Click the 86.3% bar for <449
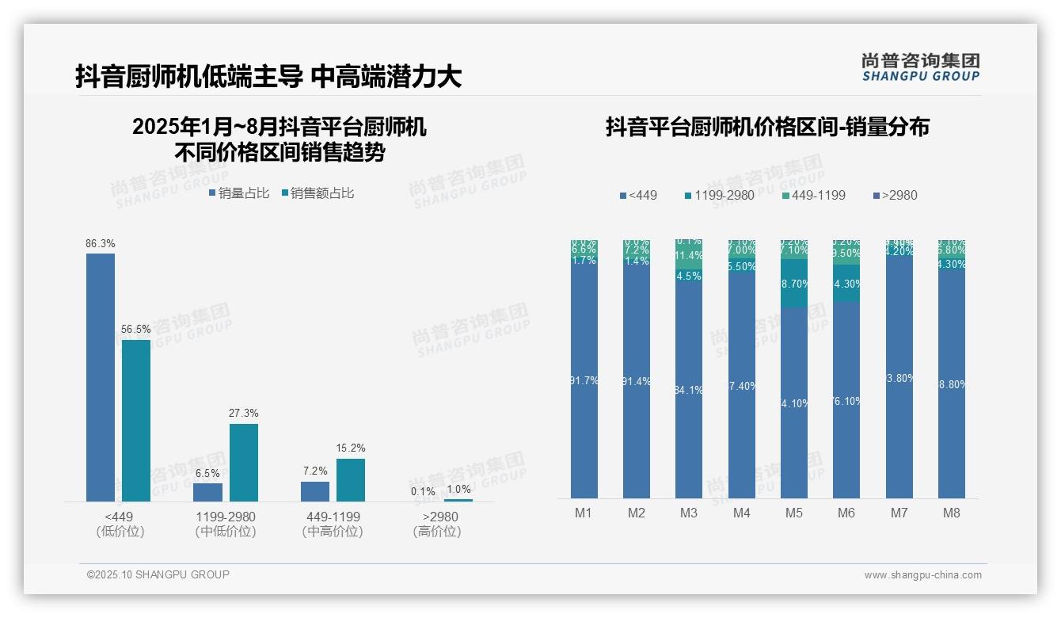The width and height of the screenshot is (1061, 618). (100, 377)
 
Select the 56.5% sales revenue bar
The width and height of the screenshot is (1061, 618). (136, 421)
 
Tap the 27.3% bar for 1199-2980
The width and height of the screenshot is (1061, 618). (244, 463)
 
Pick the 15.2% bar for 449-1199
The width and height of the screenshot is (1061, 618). (351, 480)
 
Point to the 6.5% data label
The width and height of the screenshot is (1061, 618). (207, 474)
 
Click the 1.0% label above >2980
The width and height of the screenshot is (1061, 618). (458, 490)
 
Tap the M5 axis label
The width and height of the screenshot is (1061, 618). (794, 513)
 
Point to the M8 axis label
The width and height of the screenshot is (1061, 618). (952, 513)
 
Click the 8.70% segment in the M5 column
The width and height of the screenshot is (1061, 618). (794, 284)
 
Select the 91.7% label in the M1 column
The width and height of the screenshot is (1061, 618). (584, 381)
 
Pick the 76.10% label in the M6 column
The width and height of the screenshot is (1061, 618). (846, 402)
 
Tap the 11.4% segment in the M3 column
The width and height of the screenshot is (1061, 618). (689, 256)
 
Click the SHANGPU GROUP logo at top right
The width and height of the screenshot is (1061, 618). (920, 67)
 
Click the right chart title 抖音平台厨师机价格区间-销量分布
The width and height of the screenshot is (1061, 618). (767, 128)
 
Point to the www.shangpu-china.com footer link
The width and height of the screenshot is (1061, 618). (922, 575)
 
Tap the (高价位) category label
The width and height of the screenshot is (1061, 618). (436, 532)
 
